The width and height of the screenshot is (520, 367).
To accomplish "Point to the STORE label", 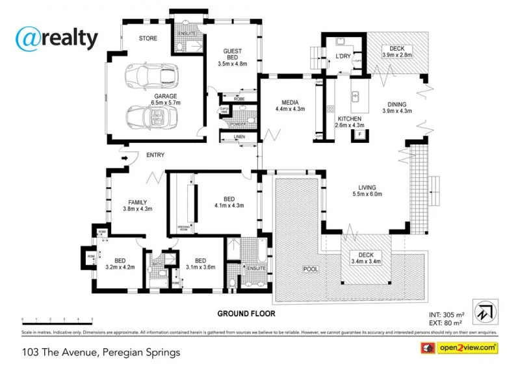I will pos(148,38).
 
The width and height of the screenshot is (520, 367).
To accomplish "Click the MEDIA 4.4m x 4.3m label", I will pos(289,107).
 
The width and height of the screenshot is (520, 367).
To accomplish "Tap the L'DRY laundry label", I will pos(343,57).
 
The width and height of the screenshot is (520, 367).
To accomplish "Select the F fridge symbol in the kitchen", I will pos(359,134).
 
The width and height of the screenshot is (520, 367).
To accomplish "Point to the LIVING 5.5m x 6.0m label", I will pos(367,189).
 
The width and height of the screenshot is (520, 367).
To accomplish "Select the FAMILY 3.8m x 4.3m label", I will pos(137,205).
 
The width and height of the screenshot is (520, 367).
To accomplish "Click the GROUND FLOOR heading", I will pos(246,314).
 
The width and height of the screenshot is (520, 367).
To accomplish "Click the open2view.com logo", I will pos(461,349).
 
